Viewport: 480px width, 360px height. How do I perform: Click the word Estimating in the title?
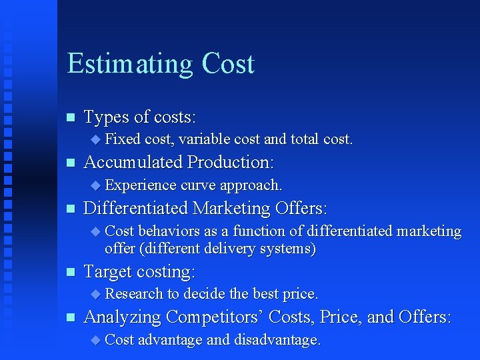click(129, 64)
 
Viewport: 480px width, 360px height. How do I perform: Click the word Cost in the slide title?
click(228, 64)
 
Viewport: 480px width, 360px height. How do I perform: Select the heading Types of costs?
click(139, 117)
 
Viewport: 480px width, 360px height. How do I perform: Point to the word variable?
click(202, 139)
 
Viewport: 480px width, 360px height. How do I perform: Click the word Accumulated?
click(133, 163)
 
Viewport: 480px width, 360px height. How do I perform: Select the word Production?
click(231, 163)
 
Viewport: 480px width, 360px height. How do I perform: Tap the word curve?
click(198, 185)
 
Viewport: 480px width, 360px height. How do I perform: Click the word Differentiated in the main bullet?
click(136, 209)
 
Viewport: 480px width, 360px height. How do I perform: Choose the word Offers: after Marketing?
click(301, 209)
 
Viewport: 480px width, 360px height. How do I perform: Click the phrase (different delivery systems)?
click(210, 249)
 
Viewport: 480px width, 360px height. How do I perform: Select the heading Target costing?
click(139, 272)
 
